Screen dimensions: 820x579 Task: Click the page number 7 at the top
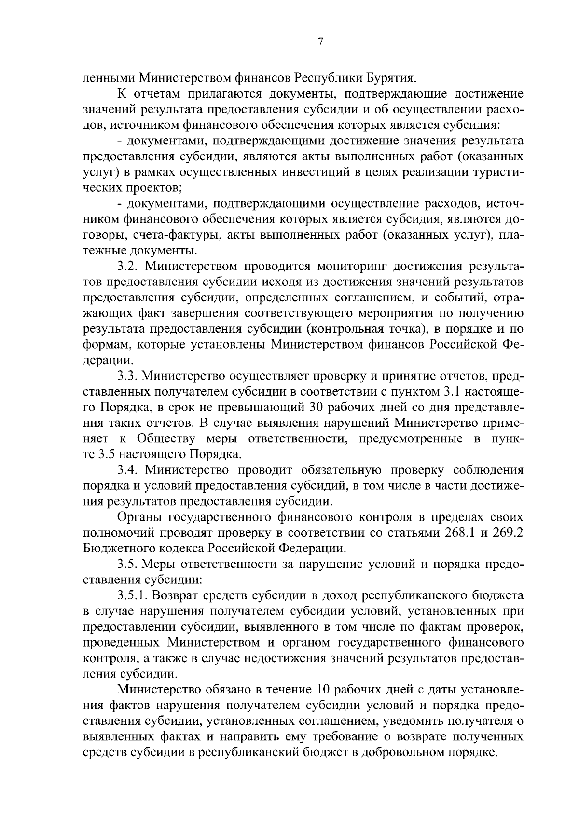320,42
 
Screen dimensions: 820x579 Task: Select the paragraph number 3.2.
128,266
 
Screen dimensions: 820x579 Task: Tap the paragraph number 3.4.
128,470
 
